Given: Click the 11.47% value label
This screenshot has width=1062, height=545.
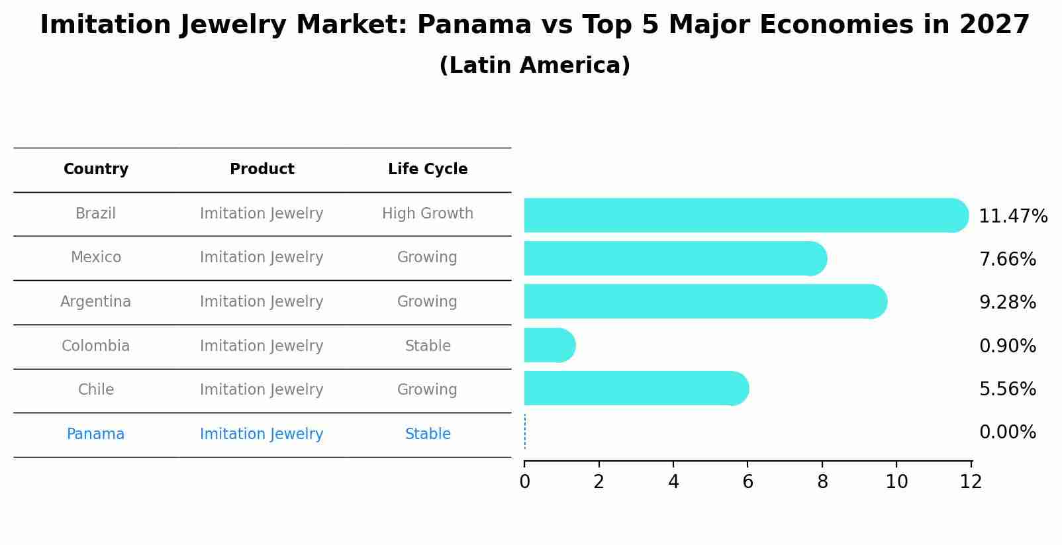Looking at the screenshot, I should coord(1012,217).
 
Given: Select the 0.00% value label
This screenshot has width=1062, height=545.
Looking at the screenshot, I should coord(1007,432).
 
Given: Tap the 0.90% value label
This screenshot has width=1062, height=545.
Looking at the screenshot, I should coord(1007,346).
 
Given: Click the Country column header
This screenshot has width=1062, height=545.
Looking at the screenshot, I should coord(96,170).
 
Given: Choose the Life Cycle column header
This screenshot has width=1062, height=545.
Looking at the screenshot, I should coord(428,170).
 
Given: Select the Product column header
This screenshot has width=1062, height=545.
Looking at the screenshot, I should coord(262,170).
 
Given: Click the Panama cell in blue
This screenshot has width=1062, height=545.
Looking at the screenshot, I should coord(96,434).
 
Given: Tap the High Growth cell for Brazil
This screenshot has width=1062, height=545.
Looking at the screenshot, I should coord(428,214).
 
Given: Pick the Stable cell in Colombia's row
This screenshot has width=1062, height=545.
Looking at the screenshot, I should coord(428,346).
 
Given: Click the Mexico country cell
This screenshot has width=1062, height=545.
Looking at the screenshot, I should coord(96,258).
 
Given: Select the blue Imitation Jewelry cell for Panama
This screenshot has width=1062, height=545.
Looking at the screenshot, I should coord(262,434).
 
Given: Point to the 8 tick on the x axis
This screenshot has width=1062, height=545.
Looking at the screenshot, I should coord(822,482).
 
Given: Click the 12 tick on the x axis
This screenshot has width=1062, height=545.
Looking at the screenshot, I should coord(971,482).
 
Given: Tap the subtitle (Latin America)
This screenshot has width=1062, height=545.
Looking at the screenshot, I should coord(534,66).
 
